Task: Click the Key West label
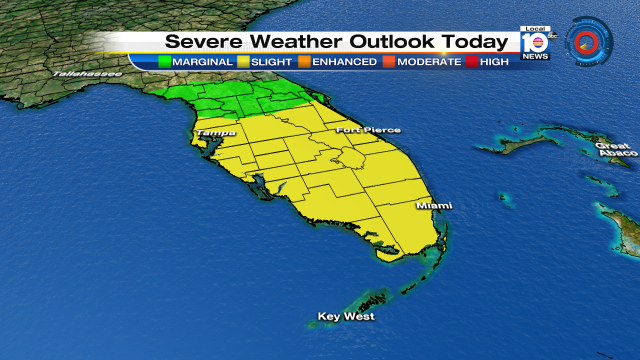tap(346, 317)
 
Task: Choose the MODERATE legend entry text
tap(429, 62)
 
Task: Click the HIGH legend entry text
tap(494, 62)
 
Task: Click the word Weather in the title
tap(296, 41)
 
